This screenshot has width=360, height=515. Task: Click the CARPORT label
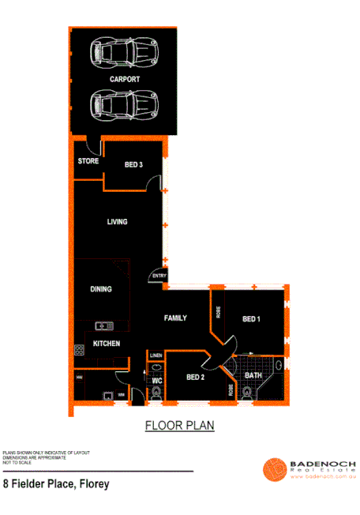tap(125, 80)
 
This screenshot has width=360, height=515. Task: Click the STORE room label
tap(88, 161)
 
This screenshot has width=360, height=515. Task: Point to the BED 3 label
tap(133, 165)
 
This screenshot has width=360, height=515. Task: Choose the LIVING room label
tap(117, 222)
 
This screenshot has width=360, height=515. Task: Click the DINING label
tap(100, 290)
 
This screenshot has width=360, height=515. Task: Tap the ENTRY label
tap(159, 276)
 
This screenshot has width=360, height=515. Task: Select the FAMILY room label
tap(175, 318)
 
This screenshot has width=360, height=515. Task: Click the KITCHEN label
tap(107, 344)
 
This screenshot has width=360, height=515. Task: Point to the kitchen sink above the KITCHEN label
tap(103, 325)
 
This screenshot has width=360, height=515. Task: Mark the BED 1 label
tap(251, 319)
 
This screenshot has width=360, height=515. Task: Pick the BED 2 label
tap(196, 378)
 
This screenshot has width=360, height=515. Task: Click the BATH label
tap(253, 375)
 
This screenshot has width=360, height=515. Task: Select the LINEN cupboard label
tap(156, 355)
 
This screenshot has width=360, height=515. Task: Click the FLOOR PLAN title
tap(179, 426)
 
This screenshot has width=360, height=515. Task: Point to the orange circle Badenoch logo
tap(274, 469)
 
